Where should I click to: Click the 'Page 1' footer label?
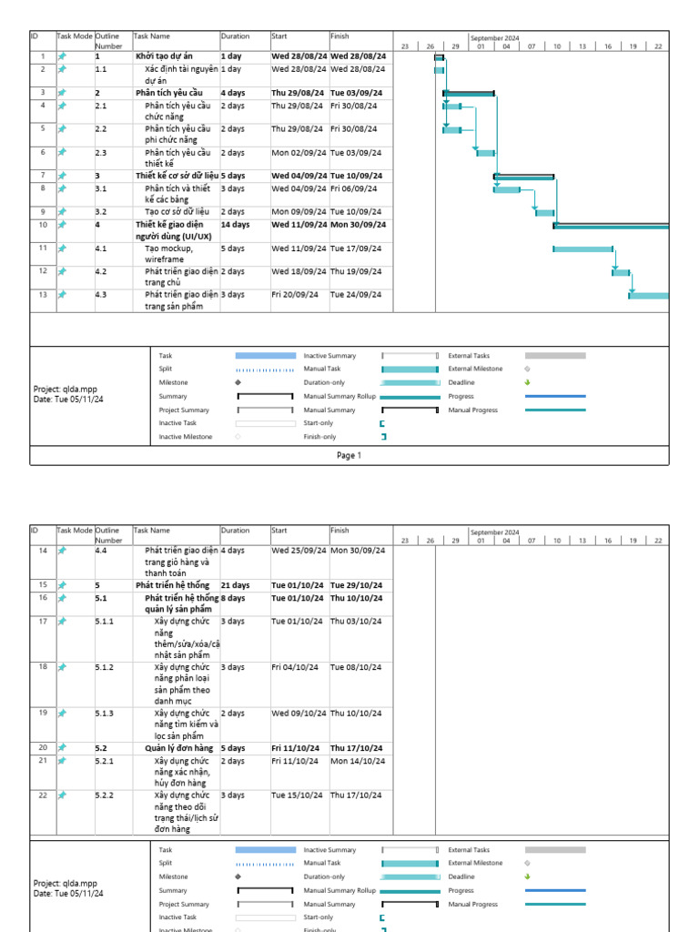click(x=349, y=455)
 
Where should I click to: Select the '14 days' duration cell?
click(x=235, y=224)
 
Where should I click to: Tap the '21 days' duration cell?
click(x=235, y=584)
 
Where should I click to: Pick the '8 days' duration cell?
click(x=233, y=598)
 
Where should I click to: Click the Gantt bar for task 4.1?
click(x=582, y=248)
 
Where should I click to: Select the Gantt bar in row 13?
click(x=649, y=295)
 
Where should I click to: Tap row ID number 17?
click(x=43, y=621)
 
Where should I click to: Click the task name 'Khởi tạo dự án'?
click(x=164, y=56)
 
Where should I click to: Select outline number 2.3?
click(x=101, y=153)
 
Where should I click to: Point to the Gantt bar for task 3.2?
click(x=544, y=213)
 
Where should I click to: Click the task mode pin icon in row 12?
click(x=63, y=271)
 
